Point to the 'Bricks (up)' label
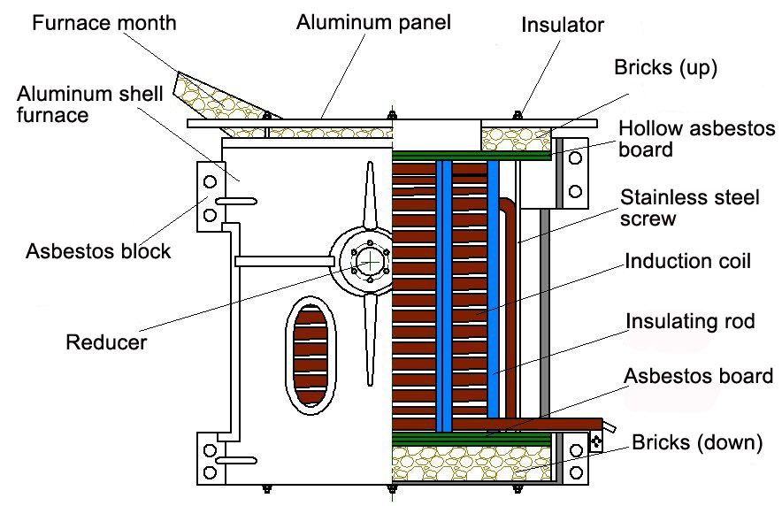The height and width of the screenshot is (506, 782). click(664, 68)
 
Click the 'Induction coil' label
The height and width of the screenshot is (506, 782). click(688, 262)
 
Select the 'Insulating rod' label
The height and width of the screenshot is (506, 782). click(690, 320)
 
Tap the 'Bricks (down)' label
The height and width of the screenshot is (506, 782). click(696, 441)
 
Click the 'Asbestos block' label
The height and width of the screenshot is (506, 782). click(98, 251)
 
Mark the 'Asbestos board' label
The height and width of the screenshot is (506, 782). click(699, 376)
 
